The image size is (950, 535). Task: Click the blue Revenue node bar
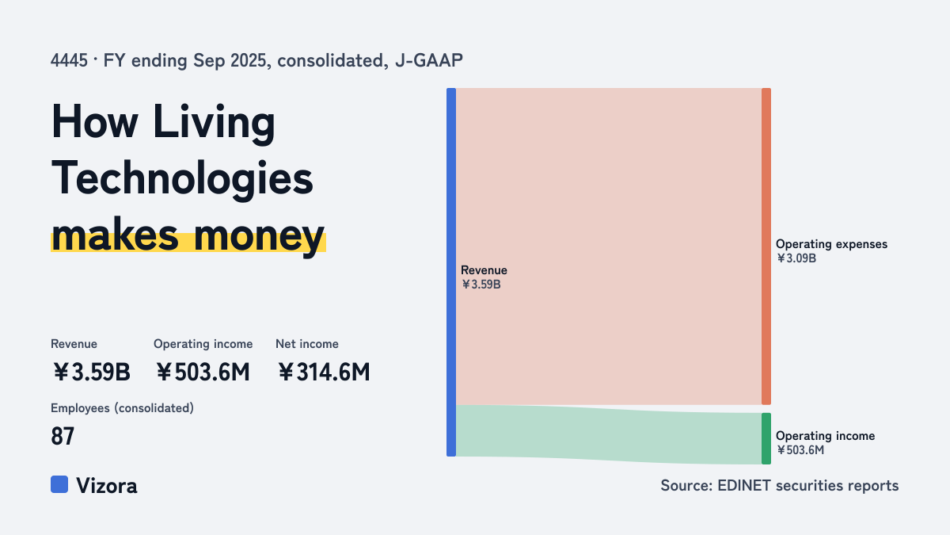pyautogui.click(x=451, y=272)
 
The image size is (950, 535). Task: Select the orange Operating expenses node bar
pyautogui.click(x=766, y=246)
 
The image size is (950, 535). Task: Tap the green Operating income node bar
pyautogui.click(x=766, y=438)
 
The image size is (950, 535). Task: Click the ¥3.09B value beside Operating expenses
pyautogui.click(x=796, y=258)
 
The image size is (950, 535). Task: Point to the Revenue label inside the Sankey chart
pyautogui.click(x=484, y=270)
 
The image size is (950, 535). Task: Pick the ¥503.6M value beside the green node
pyautogui.click(x=800, y=450)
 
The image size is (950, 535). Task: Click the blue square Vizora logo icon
pyautogui.click(x=59, y=484)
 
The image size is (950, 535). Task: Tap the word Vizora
pyautogui.click(x=107, y=486)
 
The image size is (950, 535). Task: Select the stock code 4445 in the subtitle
pyautogui.click(x=69, y=60)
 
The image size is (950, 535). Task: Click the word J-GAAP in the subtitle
pyautogui.click(x=429, y=60)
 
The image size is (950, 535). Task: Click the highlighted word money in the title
pyautogui.click(x=259, y=236)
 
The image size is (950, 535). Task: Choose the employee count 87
pyautogui.click(x=63, y=436)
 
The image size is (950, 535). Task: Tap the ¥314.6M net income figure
pyautogui.click(x=324, y=373)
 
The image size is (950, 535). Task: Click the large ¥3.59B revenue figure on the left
pyautogui.click(x=92, y=373)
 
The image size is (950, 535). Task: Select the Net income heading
pyautogui.click(x=307, y=344)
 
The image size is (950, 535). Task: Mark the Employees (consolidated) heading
pyautogui.click(x=122, y=408)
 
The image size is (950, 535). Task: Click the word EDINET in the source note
pyautogui.click(x=744, y=485)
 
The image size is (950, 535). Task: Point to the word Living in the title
pyautogui.click(x=215, y=122)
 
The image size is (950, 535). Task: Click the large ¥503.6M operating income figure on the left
pyautogui.click(x=203, y=373)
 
